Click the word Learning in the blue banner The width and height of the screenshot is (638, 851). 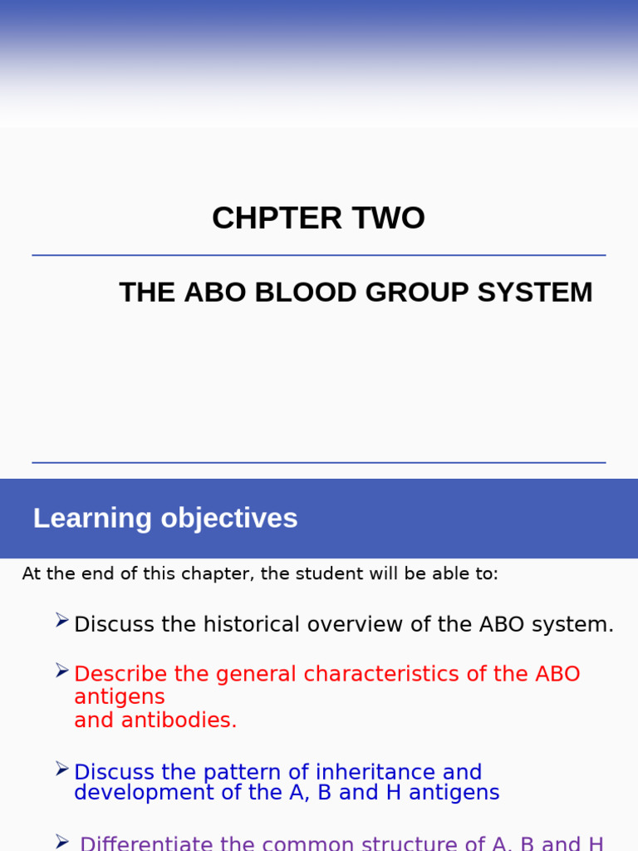[x=92, y=519]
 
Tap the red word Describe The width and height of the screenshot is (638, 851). [x=120, y=674]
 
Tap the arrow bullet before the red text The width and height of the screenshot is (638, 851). [x=62, y=670]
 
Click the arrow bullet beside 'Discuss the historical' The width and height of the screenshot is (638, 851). [x=62, y=620]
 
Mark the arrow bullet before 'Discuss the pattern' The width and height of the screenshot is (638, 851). [x=62, y=769]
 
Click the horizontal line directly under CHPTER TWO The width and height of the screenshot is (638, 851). [x=319, y=255]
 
